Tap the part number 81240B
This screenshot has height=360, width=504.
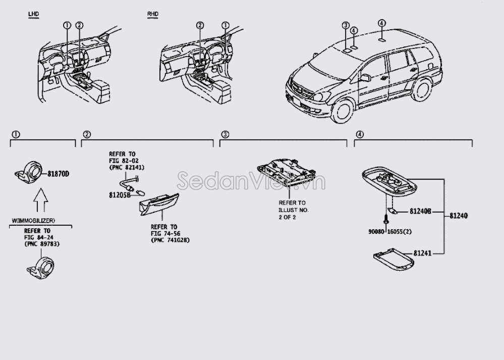(x=420, y=212)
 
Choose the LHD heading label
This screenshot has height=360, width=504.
(x=33, y=16)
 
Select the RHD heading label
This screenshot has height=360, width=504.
(x=151, y=16)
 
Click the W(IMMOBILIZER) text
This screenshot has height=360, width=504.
(x=33, y=221)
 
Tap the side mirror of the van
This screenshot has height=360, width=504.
(x=365, y=78)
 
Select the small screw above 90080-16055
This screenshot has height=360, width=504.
(x=386, y=219)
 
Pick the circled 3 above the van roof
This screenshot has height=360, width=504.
(x=345, y=25)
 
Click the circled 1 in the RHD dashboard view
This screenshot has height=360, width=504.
(x=225, y=25)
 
